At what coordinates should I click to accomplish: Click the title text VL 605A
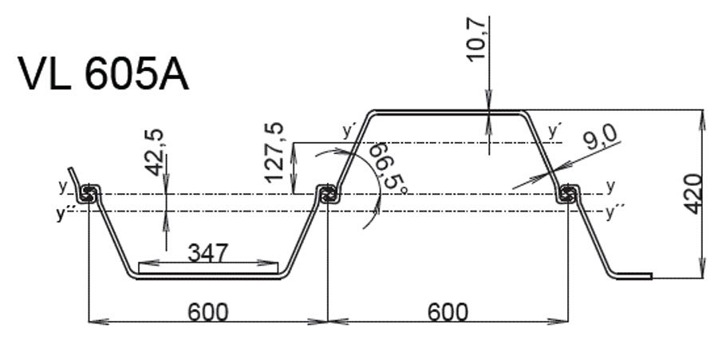[103, 75]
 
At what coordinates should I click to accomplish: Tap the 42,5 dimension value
[154, 152]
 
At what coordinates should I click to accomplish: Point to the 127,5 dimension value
[274, 153]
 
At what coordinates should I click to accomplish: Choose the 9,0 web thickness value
[601, 137]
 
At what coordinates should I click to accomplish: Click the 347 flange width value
[208, 253]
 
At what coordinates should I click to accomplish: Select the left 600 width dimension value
[207, 312]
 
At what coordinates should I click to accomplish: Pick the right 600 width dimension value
[448, 312]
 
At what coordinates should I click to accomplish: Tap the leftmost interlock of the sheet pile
[88, 194]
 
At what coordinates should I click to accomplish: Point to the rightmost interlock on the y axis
[568, 194]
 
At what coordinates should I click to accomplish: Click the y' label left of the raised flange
[348, 131]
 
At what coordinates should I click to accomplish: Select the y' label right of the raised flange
[554, 131]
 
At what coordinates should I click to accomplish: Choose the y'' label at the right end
[615, 212]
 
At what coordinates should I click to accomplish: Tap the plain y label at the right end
[611, 187]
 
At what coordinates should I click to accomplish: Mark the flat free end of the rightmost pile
[633, 275]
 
